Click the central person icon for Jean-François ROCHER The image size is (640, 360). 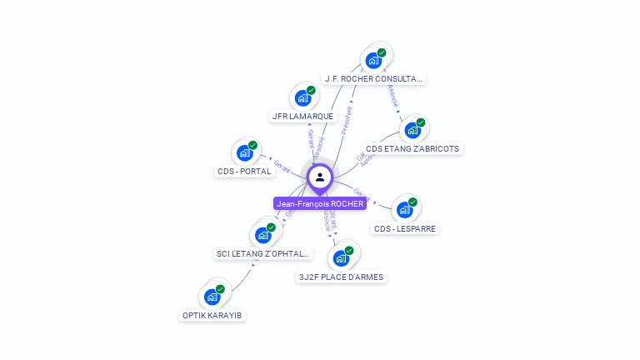[x=320, y=177]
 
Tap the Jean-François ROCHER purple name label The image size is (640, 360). [x=320, y=203]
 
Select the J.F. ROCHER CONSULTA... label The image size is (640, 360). [x=374, y=79]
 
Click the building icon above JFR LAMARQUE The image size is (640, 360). [x=302, y=97]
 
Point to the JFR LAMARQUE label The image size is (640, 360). [x=302, y=117]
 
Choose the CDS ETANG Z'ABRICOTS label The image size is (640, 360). [x=412, y=149]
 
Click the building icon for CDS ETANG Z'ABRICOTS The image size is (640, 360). [x=412, y=130]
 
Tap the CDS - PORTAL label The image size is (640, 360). [x=244, y=172]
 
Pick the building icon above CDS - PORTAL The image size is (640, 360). [x=244, y=152]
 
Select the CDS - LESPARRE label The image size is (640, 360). [x=405, y=228]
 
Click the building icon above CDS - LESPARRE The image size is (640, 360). [x=404, y=209]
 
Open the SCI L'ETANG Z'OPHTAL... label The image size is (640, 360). [x=262, y=253]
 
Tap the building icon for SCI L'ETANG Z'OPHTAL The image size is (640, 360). [x=262, y=235]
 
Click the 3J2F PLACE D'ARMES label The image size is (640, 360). [x=342, y=277]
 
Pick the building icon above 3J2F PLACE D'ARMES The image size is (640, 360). [x=341, y=258]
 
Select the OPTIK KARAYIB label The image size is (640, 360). [x=213, y=315]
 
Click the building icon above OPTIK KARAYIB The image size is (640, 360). [x=212, y=297]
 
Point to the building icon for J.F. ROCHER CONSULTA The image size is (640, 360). [x=373, y=60]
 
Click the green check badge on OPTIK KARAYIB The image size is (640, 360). [x=220, y=289]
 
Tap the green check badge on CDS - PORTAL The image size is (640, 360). [x=252, y=145]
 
